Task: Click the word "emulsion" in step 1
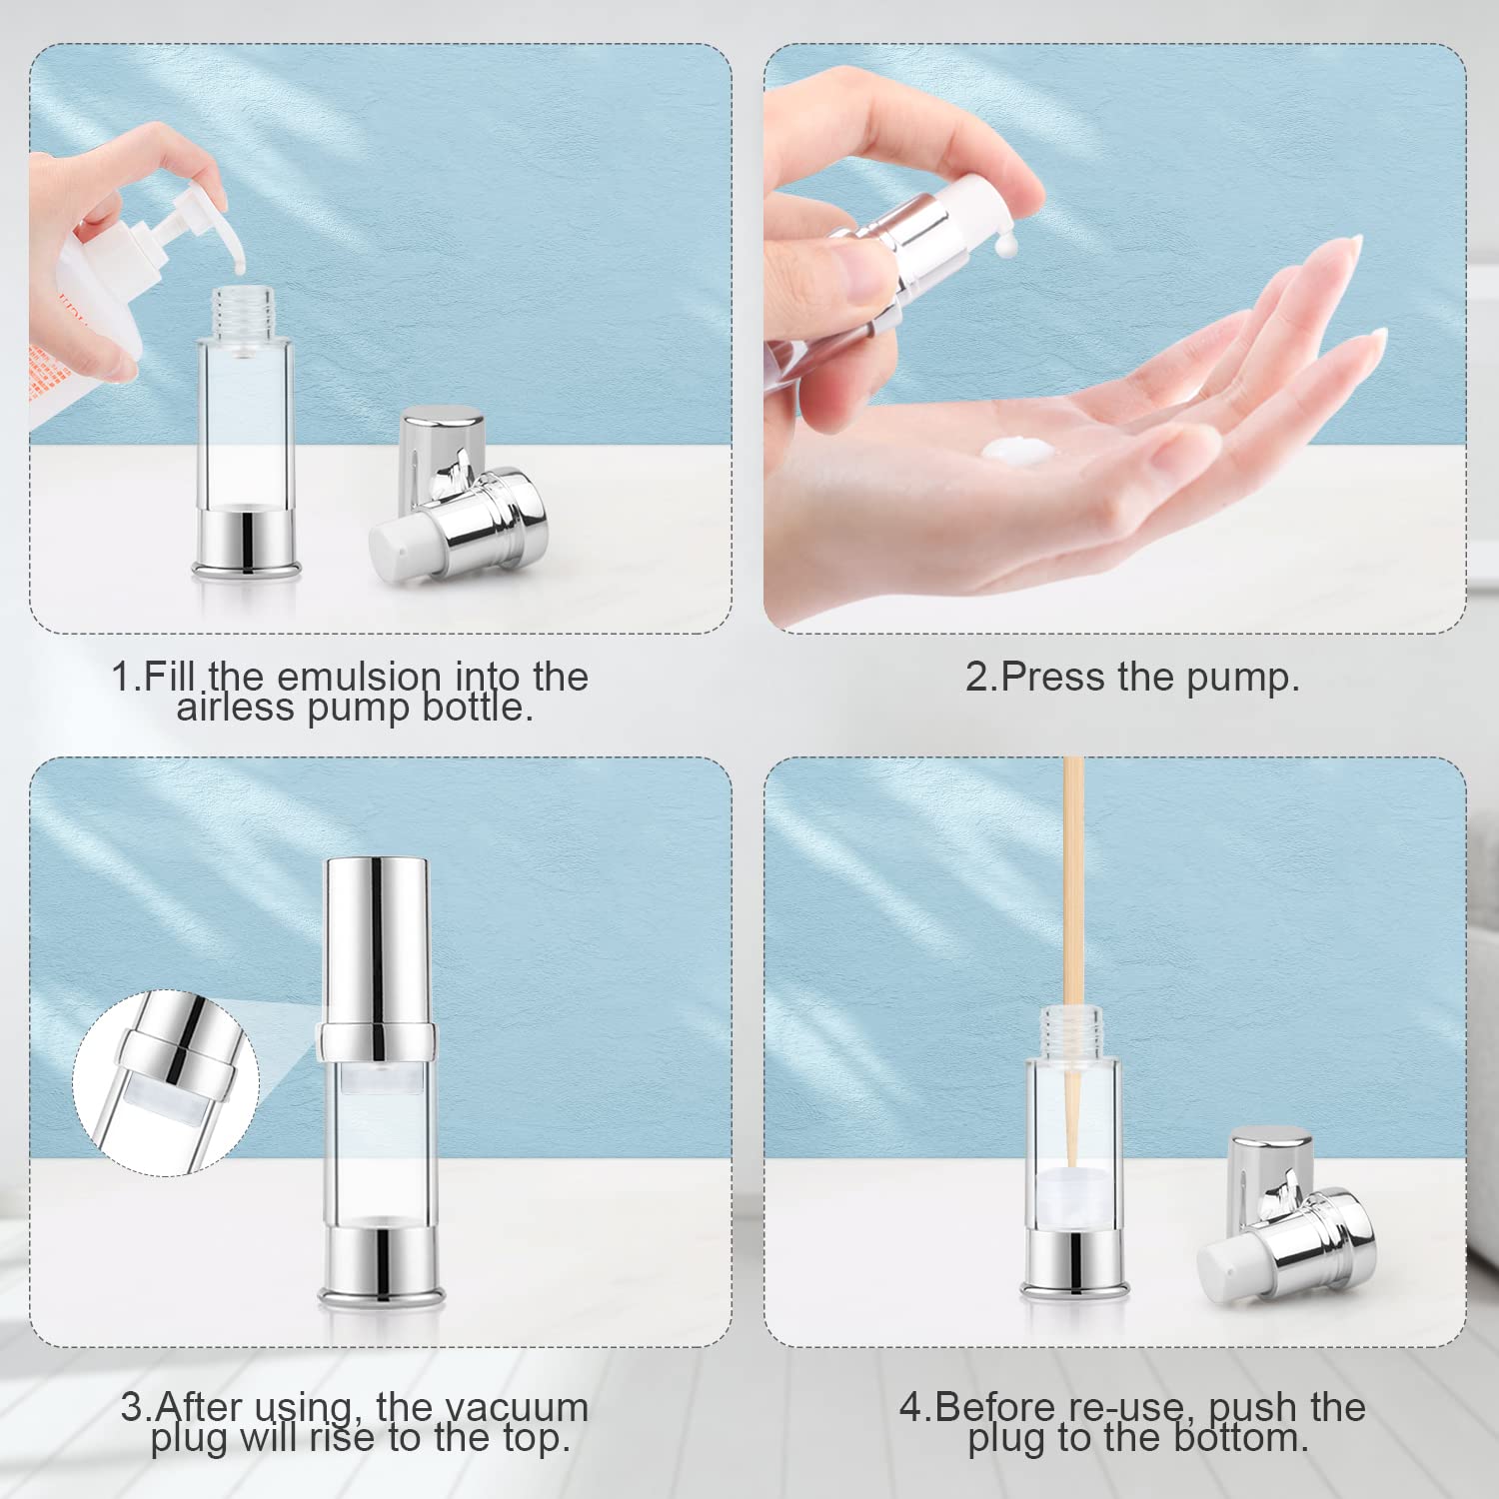click(358, 677)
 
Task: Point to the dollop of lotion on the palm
click(1015, 451)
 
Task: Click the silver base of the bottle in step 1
click(246, 541)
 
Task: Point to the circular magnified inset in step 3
click(166, 1081)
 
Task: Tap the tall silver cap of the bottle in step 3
click(376, 939)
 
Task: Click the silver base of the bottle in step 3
click(379, 1261)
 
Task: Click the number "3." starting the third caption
click(136, 1406)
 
